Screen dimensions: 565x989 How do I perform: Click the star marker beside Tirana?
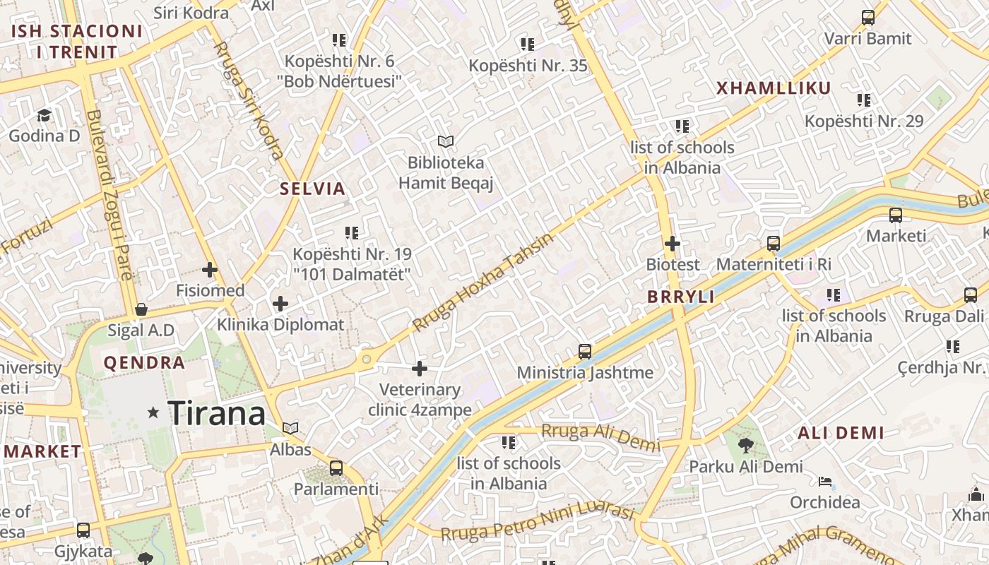(153, 412)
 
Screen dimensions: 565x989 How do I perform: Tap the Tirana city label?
(217, 413)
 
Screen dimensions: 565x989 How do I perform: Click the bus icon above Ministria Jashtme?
(585, 351)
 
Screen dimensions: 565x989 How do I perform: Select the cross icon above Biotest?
(673, 244)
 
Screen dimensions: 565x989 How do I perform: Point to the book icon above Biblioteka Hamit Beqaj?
(445, 141)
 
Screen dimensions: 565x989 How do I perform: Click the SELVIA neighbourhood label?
(312, 189)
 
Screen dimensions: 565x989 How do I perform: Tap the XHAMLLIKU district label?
(774, 88)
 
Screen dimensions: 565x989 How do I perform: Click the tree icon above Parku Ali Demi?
(745, 445)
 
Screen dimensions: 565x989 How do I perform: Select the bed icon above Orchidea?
(824, 482)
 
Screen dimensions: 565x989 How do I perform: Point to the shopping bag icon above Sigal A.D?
(141, 309)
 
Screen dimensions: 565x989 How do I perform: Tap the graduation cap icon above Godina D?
(45, 114)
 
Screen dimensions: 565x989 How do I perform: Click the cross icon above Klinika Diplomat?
(280, 304)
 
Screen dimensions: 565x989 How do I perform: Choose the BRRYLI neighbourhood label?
(680, 297)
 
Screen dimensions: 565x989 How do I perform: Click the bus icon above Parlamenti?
(336, 468)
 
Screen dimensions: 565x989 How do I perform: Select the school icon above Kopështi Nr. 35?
(528, 44)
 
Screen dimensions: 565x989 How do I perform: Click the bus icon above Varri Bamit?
(868, 18)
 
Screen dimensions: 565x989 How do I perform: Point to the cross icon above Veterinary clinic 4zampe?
(420, 368)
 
